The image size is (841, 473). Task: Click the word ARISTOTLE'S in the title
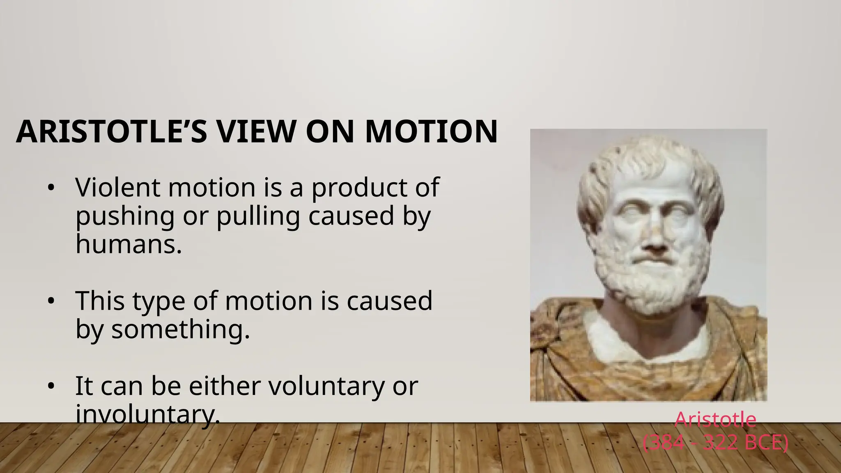tap(111, 132)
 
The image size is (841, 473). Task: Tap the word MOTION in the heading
tap(431, 132)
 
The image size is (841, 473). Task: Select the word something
tap(181, 330)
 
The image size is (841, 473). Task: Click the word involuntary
tap(148, 414)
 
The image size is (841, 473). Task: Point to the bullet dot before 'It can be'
tap(51, 387)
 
